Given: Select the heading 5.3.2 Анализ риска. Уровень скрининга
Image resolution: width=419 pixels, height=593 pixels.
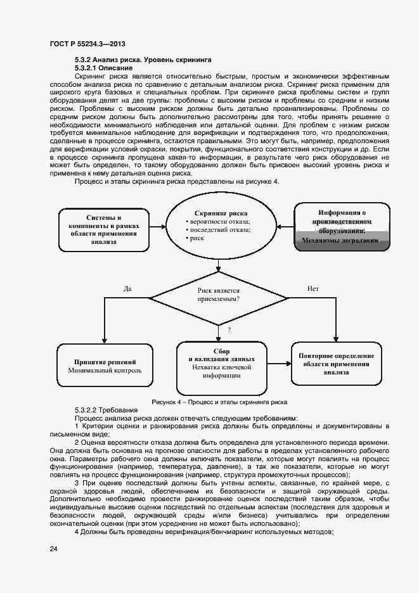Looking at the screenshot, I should pos(143,60).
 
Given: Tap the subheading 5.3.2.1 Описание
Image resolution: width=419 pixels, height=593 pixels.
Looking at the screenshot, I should pos(103,67).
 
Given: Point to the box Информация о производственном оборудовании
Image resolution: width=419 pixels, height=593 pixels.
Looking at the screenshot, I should pos(342,227).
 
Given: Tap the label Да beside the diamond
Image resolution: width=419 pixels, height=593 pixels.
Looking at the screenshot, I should pos(127,288).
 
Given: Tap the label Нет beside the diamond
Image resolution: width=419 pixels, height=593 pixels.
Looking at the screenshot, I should pos(313,288).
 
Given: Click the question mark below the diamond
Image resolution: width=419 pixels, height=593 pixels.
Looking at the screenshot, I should pos(229,329).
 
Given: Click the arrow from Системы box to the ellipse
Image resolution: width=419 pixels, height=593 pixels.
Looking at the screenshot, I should pos(156,227).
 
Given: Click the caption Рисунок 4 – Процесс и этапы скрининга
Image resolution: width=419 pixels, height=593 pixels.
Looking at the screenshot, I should pos(219,402).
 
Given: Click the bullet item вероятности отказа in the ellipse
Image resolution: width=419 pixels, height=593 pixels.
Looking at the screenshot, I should pos(219,222).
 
